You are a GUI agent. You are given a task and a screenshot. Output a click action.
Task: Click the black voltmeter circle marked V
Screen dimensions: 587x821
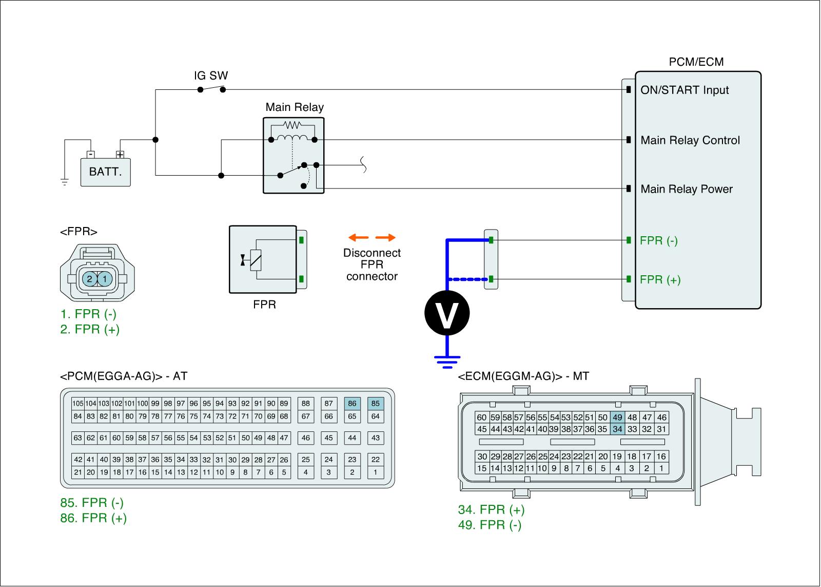[x=446, y=313]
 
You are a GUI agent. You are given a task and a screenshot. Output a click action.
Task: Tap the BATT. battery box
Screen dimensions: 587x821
[x=105, y=172]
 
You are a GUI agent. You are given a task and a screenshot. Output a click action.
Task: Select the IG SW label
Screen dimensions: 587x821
[x=210, y=76]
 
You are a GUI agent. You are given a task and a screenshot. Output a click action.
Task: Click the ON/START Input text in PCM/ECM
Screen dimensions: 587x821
[x=685, y=90]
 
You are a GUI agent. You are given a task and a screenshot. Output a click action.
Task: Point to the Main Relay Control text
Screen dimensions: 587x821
[x=690, y=140]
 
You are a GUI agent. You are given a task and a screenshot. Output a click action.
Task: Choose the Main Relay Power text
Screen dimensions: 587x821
[x=687, y=189]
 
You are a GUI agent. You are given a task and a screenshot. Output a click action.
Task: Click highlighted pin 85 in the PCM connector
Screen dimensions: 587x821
[x=376, y=404]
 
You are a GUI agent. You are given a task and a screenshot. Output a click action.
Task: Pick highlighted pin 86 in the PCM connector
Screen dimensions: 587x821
[x=352, y=404]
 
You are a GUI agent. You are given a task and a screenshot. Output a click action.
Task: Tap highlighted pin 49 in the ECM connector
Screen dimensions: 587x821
[x=617, y=418]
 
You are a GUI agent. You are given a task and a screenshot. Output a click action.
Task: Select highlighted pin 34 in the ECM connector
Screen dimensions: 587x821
[x=617, y=429]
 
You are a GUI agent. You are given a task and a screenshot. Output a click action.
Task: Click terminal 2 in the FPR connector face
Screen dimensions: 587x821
[x=90, y=279]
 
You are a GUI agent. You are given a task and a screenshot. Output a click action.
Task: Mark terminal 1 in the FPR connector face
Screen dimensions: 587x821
[x=105, y=279]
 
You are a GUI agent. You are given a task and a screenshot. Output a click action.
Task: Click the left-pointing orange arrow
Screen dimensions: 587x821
[x=358, y=237]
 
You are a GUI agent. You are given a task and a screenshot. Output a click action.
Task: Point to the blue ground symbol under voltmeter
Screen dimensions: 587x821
[x=446, y=362]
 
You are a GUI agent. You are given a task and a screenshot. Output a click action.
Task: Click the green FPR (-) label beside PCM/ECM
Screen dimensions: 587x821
[x=659, y=240]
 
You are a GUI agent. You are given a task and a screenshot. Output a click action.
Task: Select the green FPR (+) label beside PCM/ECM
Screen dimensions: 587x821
[x=660, y=280]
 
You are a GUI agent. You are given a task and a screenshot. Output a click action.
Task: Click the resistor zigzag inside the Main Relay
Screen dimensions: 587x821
[x=294, y=125]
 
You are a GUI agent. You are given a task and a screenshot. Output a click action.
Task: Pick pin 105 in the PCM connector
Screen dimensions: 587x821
[x=77, y=404]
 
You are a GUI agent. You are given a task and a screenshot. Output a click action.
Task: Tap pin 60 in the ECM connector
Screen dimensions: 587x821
[x=481, y=418]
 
